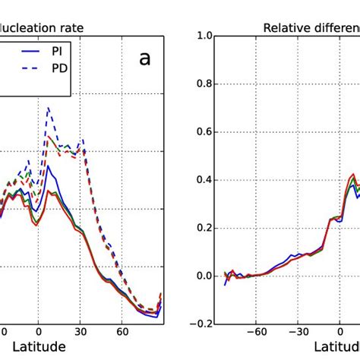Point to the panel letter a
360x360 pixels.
[144, 58]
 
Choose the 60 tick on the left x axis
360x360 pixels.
[122, 332]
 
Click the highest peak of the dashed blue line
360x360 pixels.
[47, 109]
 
